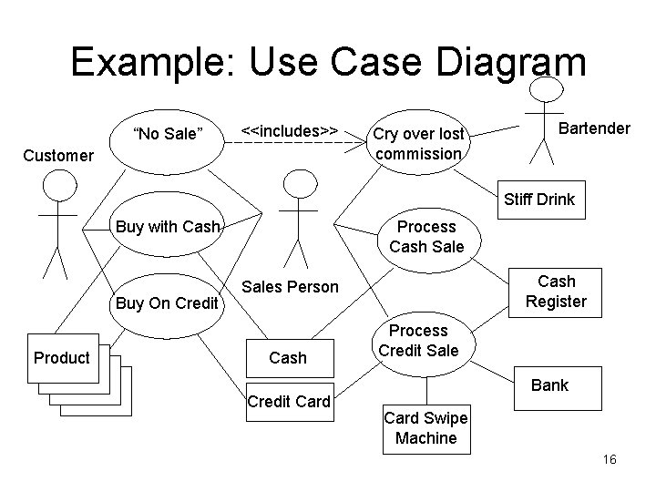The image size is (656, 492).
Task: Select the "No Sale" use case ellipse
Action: pyautogui.click(x=168, y=135)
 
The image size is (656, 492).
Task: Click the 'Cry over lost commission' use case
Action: pyautogui.click(x=418, y=144)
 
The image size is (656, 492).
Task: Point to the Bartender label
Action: pyautogui.click(x=593, y=128)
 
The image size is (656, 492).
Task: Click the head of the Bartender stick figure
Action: pyautogui.click(x=545, y=88)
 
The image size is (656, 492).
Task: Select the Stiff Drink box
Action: pyautogui.click(x=541, y=199)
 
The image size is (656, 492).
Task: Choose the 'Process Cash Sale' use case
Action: pyautogui.click(x=426, y=237)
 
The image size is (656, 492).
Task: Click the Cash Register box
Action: pyautogui.click(x=556, y=292)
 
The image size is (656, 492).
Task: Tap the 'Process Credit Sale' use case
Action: pyautogui.click(x=419, y=340)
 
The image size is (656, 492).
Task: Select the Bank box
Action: pyautogui.click(x=549, y=385)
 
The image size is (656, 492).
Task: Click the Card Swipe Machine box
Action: pyautogui.click(x=425, y=428)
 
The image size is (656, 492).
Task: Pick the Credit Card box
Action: pyautogui.click(x=288, y=402)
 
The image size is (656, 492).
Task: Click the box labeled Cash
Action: pyautogui.click(x=288, y=358)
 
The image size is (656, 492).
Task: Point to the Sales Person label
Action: pyautogui.click(x=291, y=288)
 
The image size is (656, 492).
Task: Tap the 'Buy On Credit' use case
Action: pyautogui.click(x=165, y=302)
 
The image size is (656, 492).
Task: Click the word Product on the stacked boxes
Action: pyautogui.click(x=61, y=357)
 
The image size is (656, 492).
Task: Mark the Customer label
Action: pyautogui.click(x=58, y=156)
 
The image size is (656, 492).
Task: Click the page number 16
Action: pyautogui.click(x=610, y=460)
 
